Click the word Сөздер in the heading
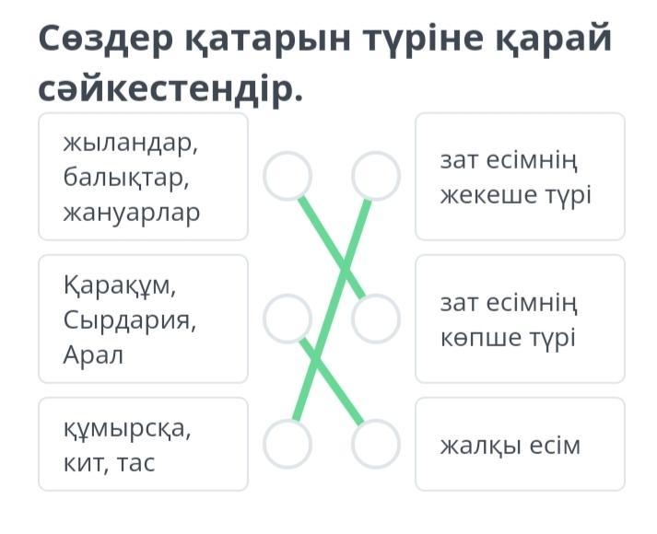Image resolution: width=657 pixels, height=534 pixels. [x=109, y=39]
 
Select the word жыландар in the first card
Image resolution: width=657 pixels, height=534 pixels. [x=130, y=143]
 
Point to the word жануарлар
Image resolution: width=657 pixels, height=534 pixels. [x=131, y=212]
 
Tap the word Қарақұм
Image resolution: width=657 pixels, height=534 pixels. [x=119, y=285]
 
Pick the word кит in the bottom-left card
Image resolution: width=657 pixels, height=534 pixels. [x=81, y=461]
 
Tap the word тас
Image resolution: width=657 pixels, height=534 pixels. [x=135, y=461]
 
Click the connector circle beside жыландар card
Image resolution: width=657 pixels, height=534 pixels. [x=287, y=176]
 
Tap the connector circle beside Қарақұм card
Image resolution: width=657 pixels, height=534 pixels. [x=287, y=319]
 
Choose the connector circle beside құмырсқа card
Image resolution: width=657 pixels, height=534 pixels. [x=287, y=445]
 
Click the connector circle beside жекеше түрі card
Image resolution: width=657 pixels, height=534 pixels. [x=376, y=176]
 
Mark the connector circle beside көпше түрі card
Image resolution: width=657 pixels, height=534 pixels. [x=376, y=319]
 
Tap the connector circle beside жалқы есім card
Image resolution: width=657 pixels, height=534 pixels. [x=376, y=445]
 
